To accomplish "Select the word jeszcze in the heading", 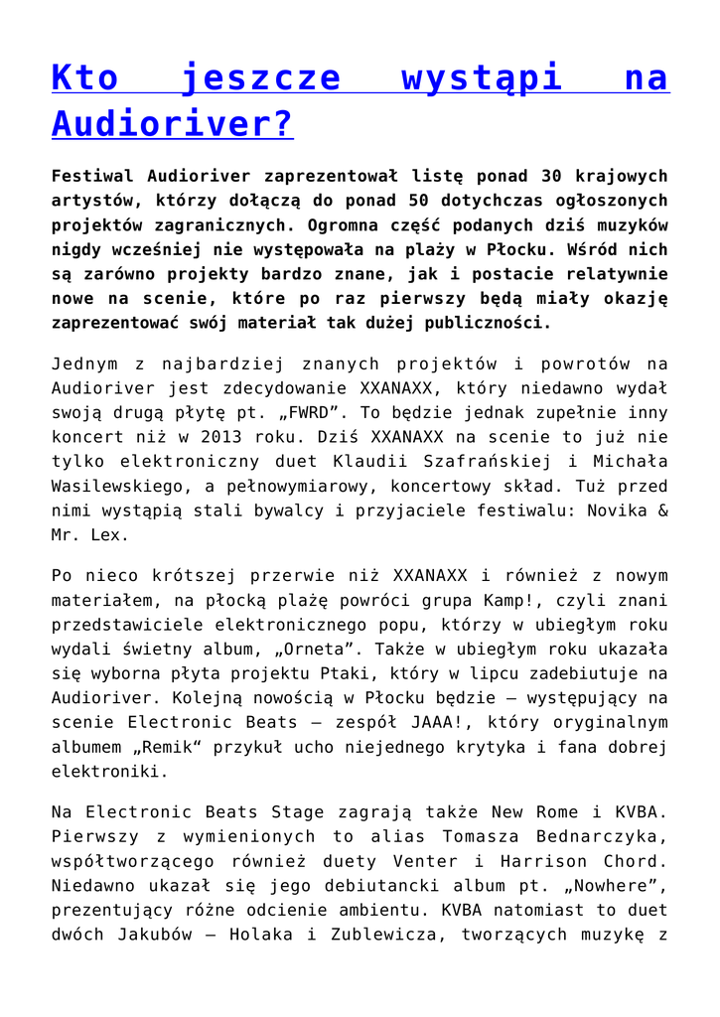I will [261, 76].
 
